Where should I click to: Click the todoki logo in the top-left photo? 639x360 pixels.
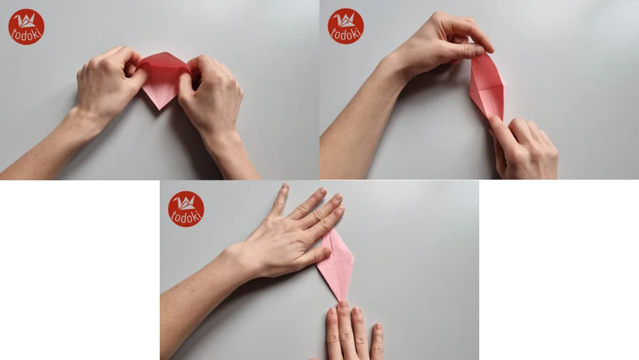pos(26,27)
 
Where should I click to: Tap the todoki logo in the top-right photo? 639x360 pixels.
pos(346,26)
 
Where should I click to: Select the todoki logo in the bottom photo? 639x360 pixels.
pos(186,209)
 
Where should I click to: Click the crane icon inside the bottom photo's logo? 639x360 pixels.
pos(186,203)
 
